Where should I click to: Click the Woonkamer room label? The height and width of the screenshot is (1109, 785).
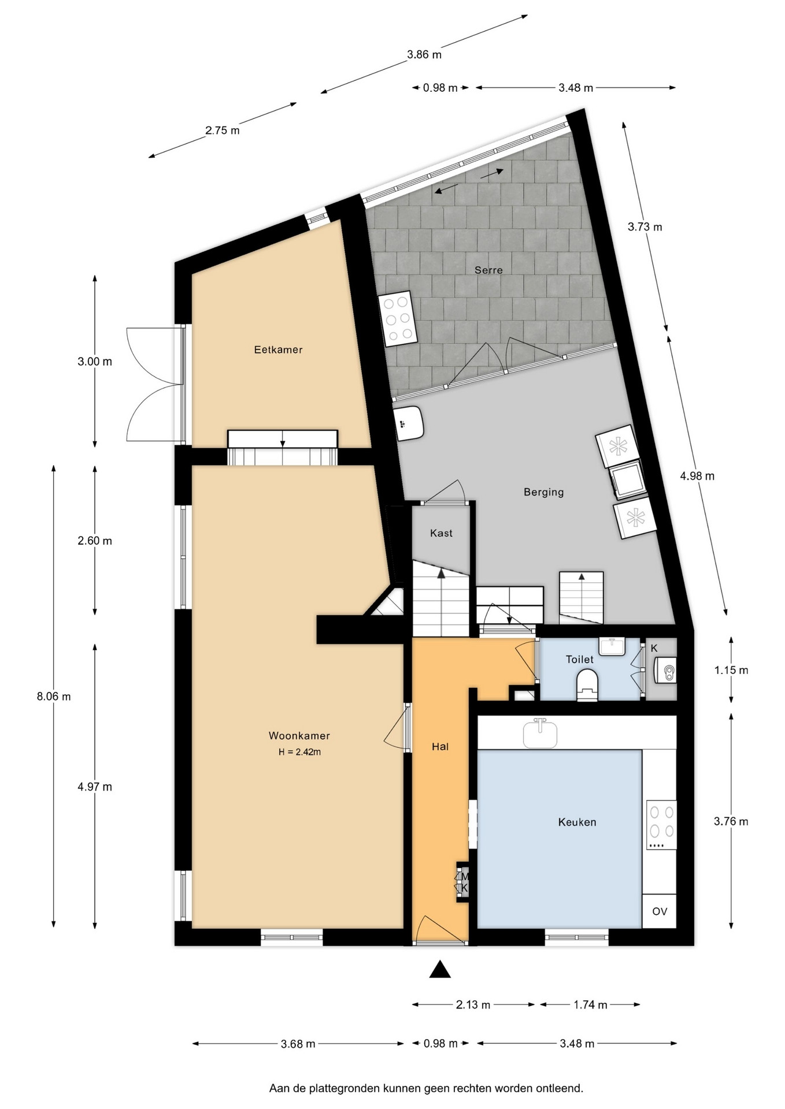(299, 736)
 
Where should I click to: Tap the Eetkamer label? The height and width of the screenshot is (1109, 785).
(278, 349)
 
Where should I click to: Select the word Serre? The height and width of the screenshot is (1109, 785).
(488, 270)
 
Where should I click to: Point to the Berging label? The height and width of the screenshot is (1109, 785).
(543, 492)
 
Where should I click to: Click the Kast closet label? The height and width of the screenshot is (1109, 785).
(441, 533)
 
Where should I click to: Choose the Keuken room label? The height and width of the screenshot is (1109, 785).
(577, 822)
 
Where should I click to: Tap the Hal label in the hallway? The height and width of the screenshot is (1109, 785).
(440, 747)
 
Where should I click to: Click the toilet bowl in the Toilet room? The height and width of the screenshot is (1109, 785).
(587, 684)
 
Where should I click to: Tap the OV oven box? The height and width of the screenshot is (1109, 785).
(660, 911)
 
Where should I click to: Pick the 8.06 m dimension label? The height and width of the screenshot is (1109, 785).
(54, 697)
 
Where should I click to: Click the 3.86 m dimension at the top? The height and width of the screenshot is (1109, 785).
(424, 55)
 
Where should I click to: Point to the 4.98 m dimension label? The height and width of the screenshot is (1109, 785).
(697, 476)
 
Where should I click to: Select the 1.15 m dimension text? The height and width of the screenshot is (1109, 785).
(731, 670)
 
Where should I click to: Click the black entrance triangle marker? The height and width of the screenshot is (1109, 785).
(440, 969)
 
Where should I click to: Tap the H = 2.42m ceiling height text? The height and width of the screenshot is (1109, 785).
(299, 752)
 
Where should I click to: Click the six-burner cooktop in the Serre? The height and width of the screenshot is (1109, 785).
(398, 318)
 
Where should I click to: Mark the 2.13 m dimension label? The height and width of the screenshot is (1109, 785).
(473, 1005)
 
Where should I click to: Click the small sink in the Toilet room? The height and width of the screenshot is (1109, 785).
(612, 647)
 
